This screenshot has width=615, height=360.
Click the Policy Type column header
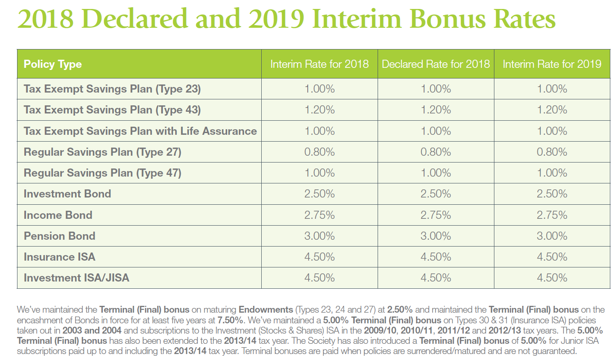pos(52,64)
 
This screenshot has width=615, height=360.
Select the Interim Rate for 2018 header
pos(319,64)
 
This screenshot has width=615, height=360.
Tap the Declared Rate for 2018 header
pos(436,64)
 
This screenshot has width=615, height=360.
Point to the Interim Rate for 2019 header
pos(552,64)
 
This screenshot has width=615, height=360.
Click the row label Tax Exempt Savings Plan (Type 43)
pos(112,110)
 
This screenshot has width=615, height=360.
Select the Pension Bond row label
pos(60,236)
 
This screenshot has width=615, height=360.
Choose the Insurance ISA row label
pos(60,257)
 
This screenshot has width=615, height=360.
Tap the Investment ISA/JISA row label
pos(76,278)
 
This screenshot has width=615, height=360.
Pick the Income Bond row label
pos(58,215)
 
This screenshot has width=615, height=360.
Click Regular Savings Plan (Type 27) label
pos(102,152)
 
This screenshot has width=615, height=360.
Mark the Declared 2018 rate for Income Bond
pos(436,215)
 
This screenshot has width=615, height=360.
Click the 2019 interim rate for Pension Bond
pos(552,236)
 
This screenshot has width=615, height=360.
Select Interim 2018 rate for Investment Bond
pos(319,194)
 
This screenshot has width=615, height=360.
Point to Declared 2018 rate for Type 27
pos(436,152)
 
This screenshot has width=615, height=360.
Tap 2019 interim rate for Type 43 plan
pos(552,110)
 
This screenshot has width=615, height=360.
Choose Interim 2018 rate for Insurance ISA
pos(319,257)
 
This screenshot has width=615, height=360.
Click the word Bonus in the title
pos(448,19)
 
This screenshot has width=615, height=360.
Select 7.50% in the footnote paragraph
pos(230,320)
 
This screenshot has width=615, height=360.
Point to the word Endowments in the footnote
pos(266,310)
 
